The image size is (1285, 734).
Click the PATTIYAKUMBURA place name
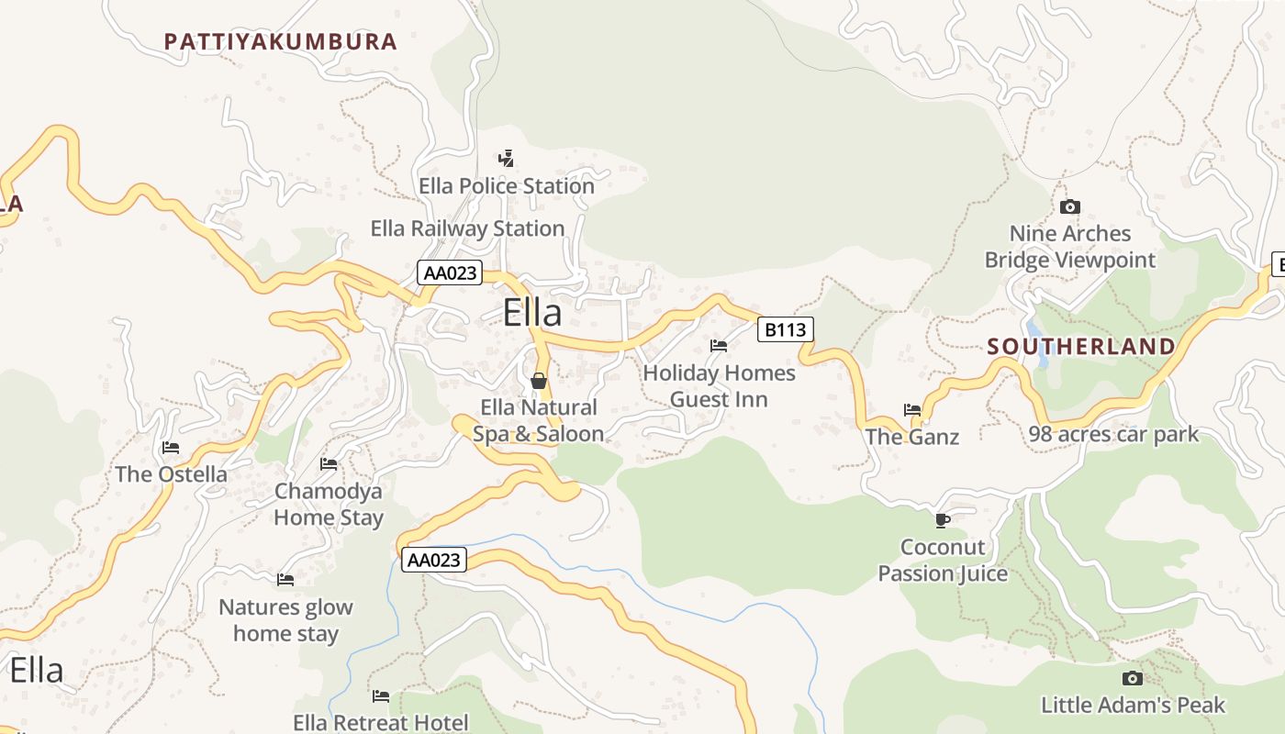point(280,41)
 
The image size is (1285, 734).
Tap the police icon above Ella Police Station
point(506,158)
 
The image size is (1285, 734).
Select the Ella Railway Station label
point(467,228)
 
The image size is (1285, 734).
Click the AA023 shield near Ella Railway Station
point(450,272)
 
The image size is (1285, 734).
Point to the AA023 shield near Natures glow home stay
point(434,560)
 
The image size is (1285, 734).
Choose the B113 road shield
point(786,329)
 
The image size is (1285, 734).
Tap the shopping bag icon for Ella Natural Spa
point(539,380)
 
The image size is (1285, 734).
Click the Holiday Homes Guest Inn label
point(719,386)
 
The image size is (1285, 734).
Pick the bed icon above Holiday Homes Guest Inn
point(719,346)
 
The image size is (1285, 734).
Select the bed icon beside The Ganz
point(912,410)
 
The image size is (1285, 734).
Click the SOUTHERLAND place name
point(1081,347)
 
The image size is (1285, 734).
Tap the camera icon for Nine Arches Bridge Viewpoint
point(1070,207)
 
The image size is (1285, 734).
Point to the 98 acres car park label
point(1113,434)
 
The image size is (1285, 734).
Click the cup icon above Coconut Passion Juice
point(942,520)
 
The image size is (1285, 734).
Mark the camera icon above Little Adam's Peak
point(1133,678)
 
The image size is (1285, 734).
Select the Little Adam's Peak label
point(1133,706)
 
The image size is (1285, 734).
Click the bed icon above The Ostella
point(171,448)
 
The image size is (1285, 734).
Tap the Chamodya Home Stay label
point(329,505)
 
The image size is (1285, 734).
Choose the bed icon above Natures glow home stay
point(285,580)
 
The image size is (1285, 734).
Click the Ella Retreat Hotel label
point(381,723)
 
